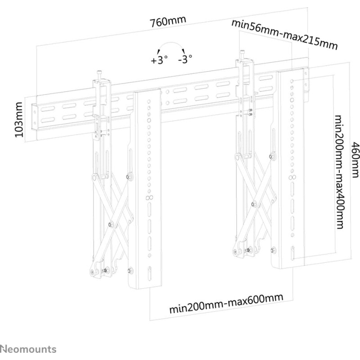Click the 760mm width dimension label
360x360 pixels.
click(167, 21)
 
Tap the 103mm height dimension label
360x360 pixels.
click(19, 120)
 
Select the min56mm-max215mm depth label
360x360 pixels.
click(285, 35)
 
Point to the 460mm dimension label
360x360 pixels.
click(355, 160)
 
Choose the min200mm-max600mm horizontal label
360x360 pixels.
click(226, 303)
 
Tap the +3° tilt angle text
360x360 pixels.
click(159, 60)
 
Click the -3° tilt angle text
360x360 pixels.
click(185, 59)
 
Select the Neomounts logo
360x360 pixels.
click(28, 349)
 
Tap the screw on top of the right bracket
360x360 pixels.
click(242, 54)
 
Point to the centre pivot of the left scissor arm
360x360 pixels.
click(111, 224)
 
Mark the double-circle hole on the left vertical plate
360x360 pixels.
click(149, 197)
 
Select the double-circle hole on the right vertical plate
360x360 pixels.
click(292, 177)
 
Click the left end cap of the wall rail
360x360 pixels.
click(34, 117)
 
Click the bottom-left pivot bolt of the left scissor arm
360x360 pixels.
click(93, 272)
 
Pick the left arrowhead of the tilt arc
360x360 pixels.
click(158, 51)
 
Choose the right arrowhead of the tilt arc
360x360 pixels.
click(183, 51)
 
